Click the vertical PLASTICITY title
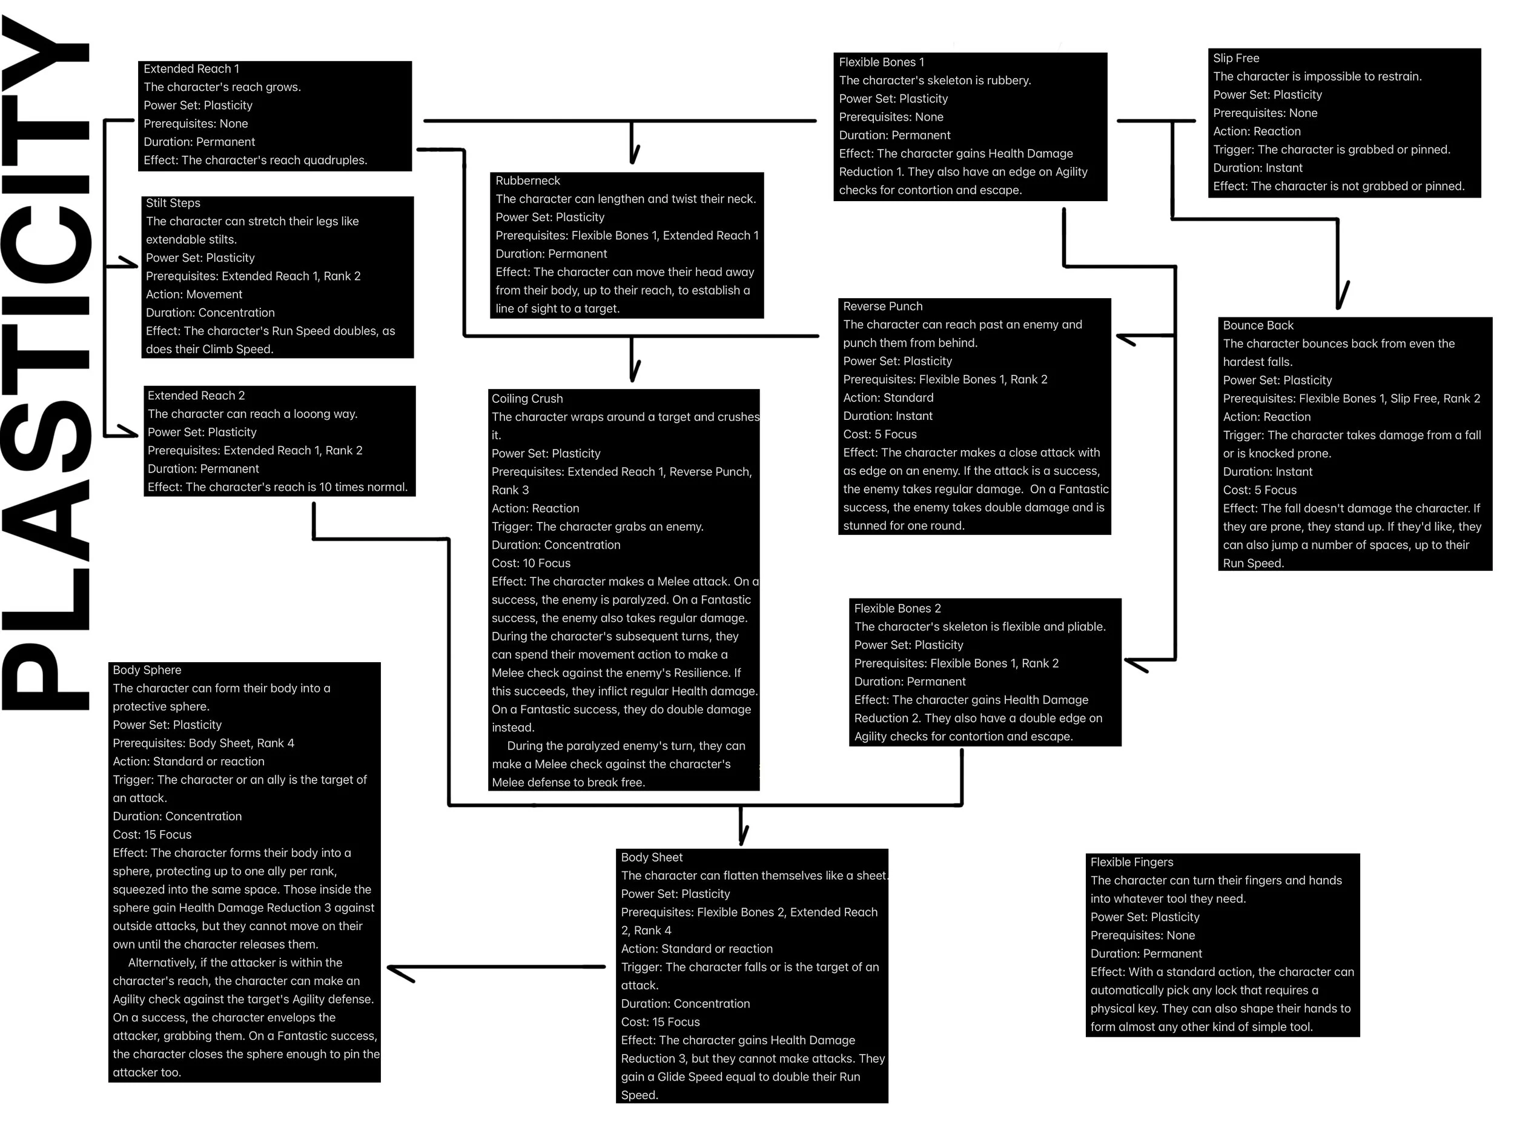(x=47, y=363)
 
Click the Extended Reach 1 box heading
(x=191, y=68)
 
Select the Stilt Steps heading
(x=173, y=203)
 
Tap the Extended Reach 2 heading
(x=196, y=395)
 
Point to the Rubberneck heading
(x=527, y=180)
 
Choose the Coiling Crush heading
(x=526, y=398)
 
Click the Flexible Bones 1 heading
(x=881, y=62)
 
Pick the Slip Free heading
(x=1235, y=58)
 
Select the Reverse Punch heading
(x=882, y=306)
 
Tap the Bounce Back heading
(x=1257, y=325)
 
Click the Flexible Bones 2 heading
(x=897, y=608)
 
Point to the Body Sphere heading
(x=147, y=669)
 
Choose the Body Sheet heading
(x=651, y=857)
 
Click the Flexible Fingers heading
(x=1131, y=862)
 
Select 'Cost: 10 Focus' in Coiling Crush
(x=531, y=563)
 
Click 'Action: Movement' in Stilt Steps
(x=194, y=294)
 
